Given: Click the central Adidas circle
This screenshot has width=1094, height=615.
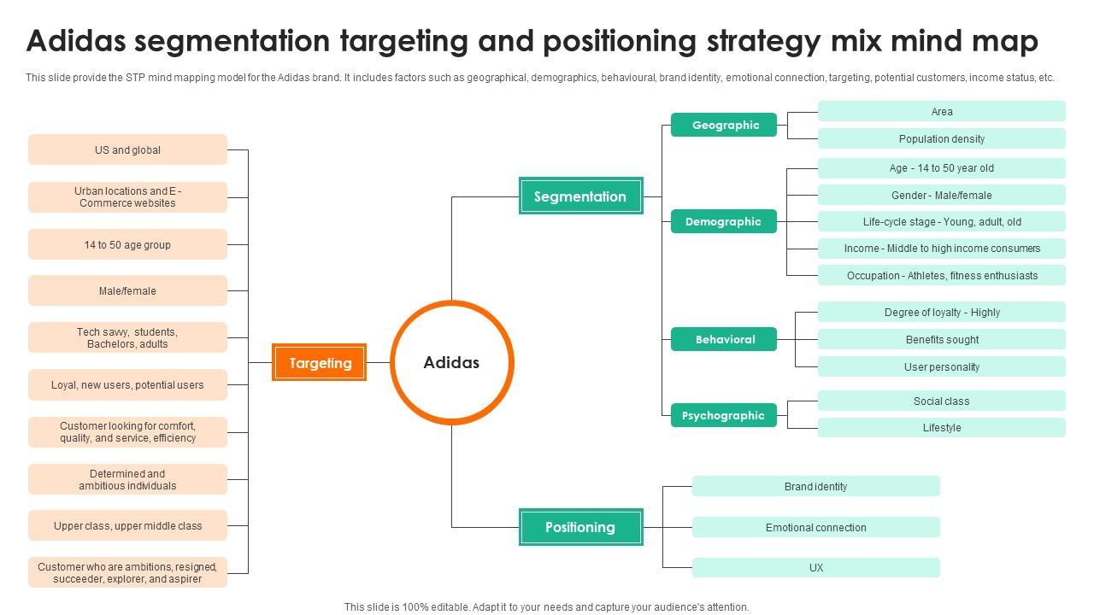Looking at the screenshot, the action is (x=451, y=362).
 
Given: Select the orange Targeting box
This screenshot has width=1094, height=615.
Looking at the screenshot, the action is (x=320, y=363).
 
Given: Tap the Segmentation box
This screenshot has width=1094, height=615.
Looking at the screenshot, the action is (x=580, y=196).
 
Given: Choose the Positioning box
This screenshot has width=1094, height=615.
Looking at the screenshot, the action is (x=580, y=527).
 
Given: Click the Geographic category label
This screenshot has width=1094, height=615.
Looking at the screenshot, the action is (x=725, y=125).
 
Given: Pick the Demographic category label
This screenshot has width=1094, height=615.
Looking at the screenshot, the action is (x=723, y=221).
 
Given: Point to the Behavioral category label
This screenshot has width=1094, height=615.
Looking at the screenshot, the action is (x=725, y=339).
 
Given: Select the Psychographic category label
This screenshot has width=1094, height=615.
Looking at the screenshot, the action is (x=723, y=415).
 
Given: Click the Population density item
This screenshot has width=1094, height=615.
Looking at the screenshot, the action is (x=941, y=138).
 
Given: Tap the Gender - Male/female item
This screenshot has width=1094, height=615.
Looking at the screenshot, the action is (x=941, y=195).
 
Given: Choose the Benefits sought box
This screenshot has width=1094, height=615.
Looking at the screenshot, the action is (x=941, y=339).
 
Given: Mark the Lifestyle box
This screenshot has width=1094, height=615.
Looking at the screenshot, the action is (x=941, y=427).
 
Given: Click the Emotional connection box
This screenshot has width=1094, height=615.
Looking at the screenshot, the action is (x=815, y=527).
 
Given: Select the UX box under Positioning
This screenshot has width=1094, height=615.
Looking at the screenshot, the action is (x=815, y=567).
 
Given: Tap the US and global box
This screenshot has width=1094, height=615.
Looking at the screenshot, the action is (x=127, y=149).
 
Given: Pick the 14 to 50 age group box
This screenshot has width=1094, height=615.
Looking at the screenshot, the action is (x=127, y=244).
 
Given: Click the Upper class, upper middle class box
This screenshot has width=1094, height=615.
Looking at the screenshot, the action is (x=127, y=525).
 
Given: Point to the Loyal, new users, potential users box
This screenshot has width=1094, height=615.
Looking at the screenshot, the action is (x=127, y=384).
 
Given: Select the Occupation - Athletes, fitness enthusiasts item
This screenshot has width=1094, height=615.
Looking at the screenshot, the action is (x=941, y=275).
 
